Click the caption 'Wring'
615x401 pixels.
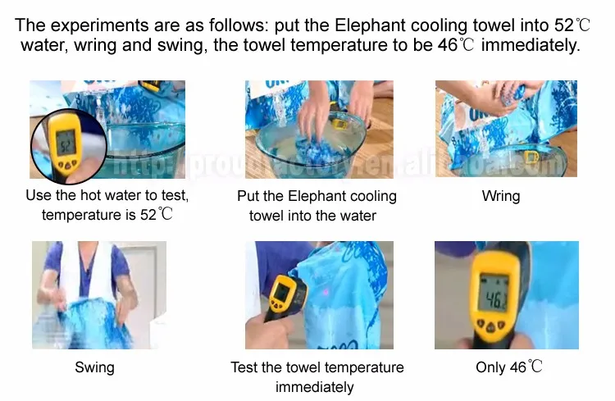coord(501,197)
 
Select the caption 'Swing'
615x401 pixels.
coord(95,368)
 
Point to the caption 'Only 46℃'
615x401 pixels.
coord(508,368)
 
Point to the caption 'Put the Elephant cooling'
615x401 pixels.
coord(317,197)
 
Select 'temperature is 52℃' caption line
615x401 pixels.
coord(107,216)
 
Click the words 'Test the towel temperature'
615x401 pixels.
coord(317,368)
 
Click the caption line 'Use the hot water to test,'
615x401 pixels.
coord(107,197)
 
